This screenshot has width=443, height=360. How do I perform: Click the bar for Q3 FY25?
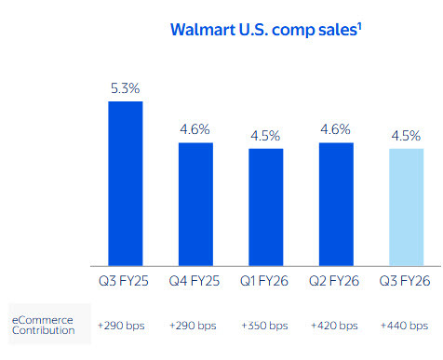click(126, 183)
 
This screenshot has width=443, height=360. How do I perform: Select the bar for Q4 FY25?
click(195, 204)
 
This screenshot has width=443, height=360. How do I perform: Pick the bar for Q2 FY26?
click(335, 204)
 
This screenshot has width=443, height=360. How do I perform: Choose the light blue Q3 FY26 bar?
click(405, 207)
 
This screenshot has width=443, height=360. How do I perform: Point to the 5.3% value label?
click(126, 88)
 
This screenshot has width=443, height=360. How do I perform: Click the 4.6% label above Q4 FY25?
click(195, 130)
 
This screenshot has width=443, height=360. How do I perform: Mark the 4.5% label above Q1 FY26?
click(265, 136)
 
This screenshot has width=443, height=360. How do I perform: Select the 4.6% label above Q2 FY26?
click(335, 130)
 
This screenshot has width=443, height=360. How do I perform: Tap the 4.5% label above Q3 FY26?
click(405, 136)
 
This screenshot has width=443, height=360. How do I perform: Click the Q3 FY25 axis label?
click(126, 280)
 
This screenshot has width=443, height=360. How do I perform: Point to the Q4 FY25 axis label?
click(195, 280)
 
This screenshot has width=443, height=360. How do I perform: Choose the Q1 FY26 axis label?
click(265, 280)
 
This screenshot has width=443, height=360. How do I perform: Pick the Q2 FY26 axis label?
click(335, 280)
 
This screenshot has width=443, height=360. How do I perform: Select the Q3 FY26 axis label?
click(405, 280)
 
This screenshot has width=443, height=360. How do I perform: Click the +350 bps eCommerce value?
click(265, 326)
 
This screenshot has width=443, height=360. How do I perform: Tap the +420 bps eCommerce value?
click(335, 326)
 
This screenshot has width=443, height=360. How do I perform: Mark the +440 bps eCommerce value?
click(405, 326)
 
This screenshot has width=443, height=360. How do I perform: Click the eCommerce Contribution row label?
click(43, 326)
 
